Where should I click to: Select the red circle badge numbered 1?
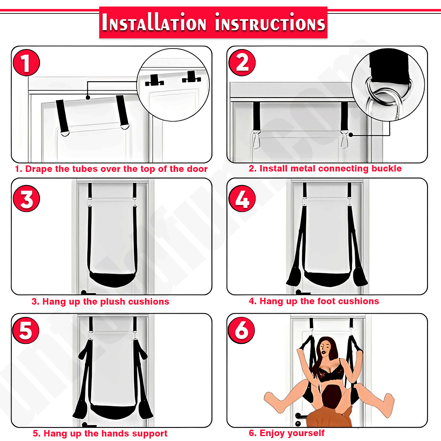pyautogui.click(x=26, y=64)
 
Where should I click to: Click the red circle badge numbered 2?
pyautogui.click(x=242, y=64)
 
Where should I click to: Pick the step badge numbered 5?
pyautogui.click(x=26, y=330)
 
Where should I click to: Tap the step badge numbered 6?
pyautogui.click(x=242, y=330)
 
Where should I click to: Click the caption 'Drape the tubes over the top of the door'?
pyautogui.click(x=111, y=169)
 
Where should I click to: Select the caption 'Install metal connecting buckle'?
pyautogui.click(x=325, y=168)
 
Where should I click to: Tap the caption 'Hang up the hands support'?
pyautogui.click(x=100, y=434)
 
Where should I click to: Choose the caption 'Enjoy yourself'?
pyautogui.click(x=287, y=433)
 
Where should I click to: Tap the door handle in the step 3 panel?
pyautogui.click(x=87, y=293)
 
